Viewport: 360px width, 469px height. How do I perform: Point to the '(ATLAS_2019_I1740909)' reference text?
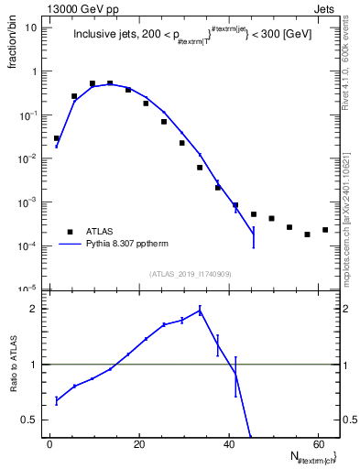click(x=191, y=274)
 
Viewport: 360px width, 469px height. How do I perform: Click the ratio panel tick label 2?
click(x=36, y=309)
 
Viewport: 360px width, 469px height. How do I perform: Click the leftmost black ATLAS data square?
click(x=57, y=138)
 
